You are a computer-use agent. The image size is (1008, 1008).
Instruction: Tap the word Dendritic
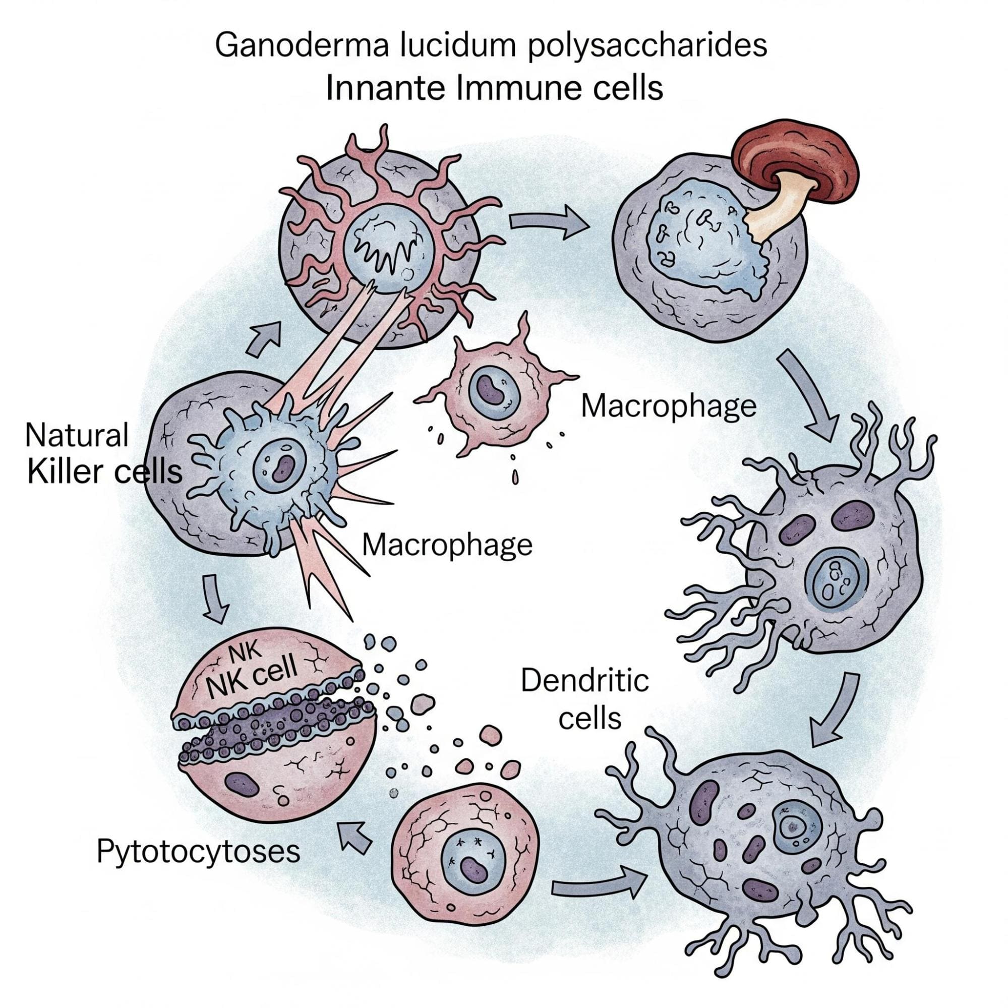(585, 681)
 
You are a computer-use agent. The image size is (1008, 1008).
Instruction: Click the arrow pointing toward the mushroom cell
(548, 222)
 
